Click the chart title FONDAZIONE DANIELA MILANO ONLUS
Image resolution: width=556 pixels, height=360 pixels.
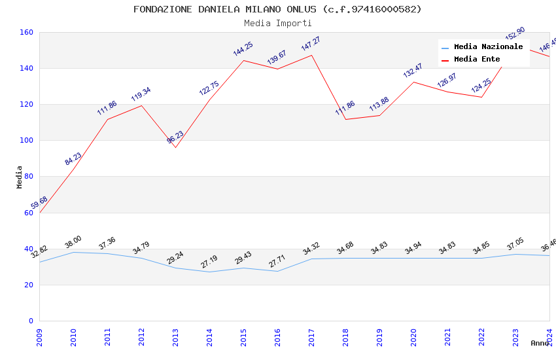[x=277, y=9]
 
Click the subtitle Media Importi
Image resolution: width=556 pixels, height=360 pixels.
[x=277, y=23]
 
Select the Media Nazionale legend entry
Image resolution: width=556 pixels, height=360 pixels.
[x=488, y=47]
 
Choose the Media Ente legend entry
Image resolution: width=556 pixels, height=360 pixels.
[x=477, y=60]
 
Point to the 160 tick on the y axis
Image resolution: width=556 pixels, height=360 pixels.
[x=27, y=32]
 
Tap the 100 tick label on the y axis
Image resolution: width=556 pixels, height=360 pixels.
[x=27, y=140]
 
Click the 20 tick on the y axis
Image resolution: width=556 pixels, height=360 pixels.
[x=29, y=285]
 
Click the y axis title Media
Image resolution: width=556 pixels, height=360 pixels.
[x=20, y=177]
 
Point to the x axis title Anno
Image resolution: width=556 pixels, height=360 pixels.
[x=540, y=343]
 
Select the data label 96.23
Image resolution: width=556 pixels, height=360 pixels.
[x=175, y=137]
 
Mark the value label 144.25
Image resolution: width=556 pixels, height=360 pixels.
[x=243, y=49]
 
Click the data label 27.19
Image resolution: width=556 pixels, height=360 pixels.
[x=209, y=262]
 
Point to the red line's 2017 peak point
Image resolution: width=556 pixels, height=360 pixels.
[x=311, y=55]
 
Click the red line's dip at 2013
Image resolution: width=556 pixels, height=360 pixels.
[x=175, y=147]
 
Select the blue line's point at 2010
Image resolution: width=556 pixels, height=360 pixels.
[x=73, y=252]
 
